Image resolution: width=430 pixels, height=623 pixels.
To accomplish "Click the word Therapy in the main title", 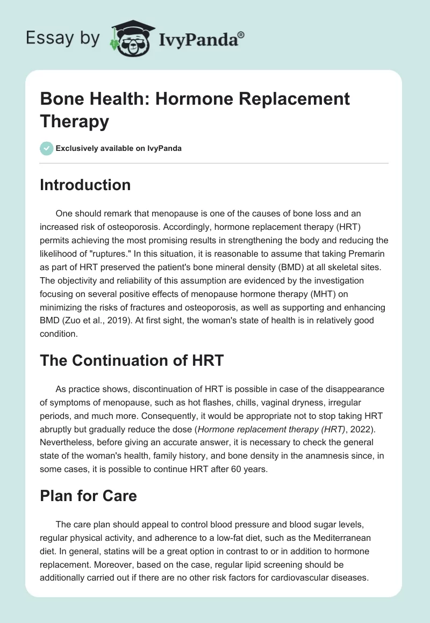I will pyautogui.click(x=75, y=121).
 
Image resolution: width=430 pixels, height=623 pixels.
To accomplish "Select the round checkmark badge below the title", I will pyautogui.click(x=46, y=148).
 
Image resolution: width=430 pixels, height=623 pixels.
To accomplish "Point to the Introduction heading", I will pyautogui.click(x=85, y=185).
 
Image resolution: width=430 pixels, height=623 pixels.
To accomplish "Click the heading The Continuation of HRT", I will pyautogui.click(x=132, y=360).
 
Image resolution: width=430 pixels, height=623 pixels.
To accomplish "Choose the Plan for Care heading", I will pyautogui.click(x=88, y=495).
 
